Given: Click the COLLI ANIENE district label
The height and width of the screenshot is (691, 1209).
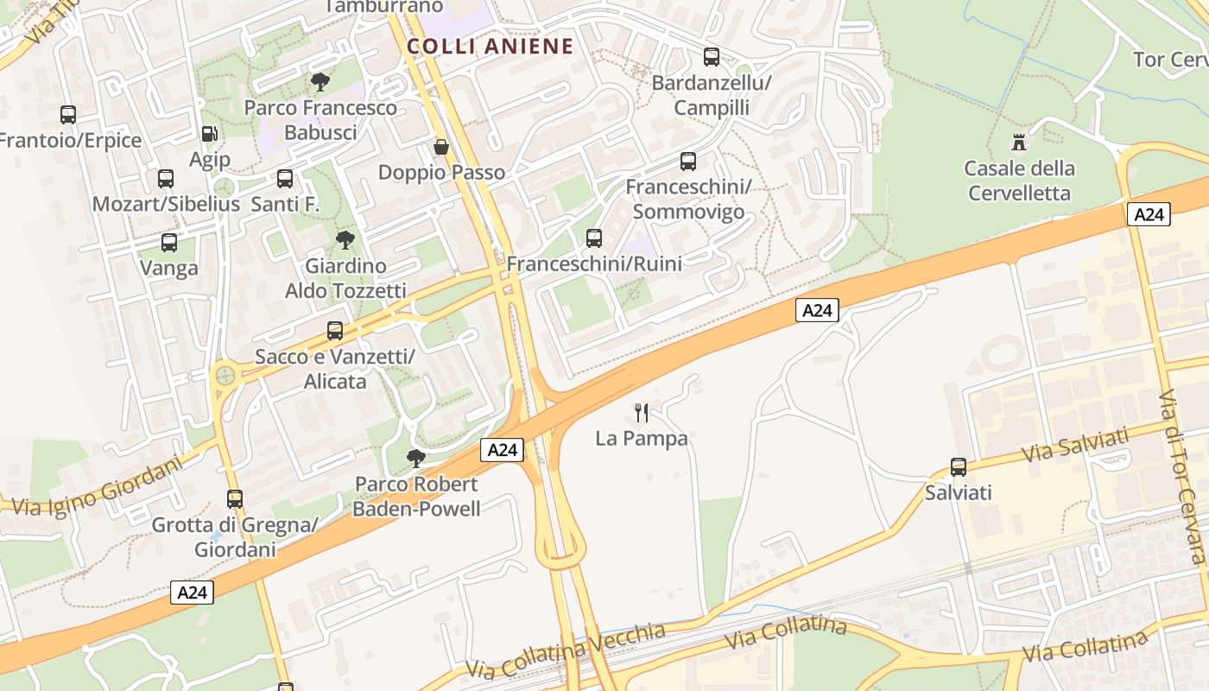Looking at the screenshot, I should pyautogui.click(x=490, y=47).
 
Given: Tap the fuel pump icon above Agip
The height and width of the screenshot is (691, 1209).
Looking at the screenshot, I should pyautogui.click(x=209, y=134).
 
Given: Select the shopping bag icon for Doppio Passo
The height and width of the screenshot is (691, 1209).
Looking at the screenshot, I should pyautogui.click(x=441, y=148).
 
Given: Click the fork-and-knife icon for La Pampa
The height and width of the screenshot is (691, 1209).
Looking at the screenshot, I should pyautogui.click(x=641, y=413).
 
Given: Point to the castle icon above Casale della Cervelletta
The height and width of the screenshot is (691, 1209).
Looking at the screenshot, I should pyautogui.click(x=1020, y=142).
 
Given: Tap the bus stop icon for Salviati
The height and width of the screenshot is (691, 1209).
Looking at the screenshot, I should pyautogui.click(x=959, y=467).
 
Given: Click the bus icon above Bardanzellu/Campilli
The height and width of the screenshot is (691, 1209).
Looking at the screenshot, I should pyautogui.click(x=712, y=57).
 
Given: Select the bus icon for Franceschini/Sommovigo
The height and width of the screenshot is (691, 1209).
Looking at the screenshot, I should pyautogui.click(x=688, y=162).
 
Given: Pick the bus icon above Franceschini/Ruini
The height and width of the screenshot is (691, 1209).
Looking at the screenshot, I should pyautogui.click(x=594, y=238).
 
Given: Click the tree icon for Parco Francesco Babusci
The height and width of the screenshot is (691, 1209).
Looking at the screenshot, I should pyautogui.click(x=320, y=82).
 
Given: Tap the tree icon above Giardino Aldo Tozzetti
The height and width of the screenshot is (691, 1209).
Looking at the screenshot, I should pyautogui.click(x=345, y=240).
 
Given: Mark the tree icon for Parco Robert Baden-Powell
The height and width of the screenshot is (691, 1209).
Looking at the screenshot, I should pyautogui.click(x=416, y=458).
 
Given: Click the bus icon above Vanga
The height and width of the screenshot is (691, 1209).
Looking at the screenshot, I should pyautogui.click(x=169, y=243).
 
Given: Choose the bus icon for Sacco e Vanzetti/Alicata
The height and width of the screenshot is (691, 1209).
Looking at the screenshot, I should pyautogui.click(x=335, y=331).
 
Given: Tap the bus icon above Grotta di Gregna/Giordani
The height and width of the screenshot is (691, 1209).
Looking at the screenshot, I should pyautogui.click(x=235, y=499).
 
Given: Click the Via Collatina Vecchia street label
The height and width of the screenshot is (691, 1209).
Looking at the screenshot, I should pyautogui.click(x=566, y=650).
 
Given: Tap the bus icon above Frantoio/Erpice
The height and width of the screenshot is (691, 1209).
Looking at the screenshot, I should pyautogui.click(x=68, y=114).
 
